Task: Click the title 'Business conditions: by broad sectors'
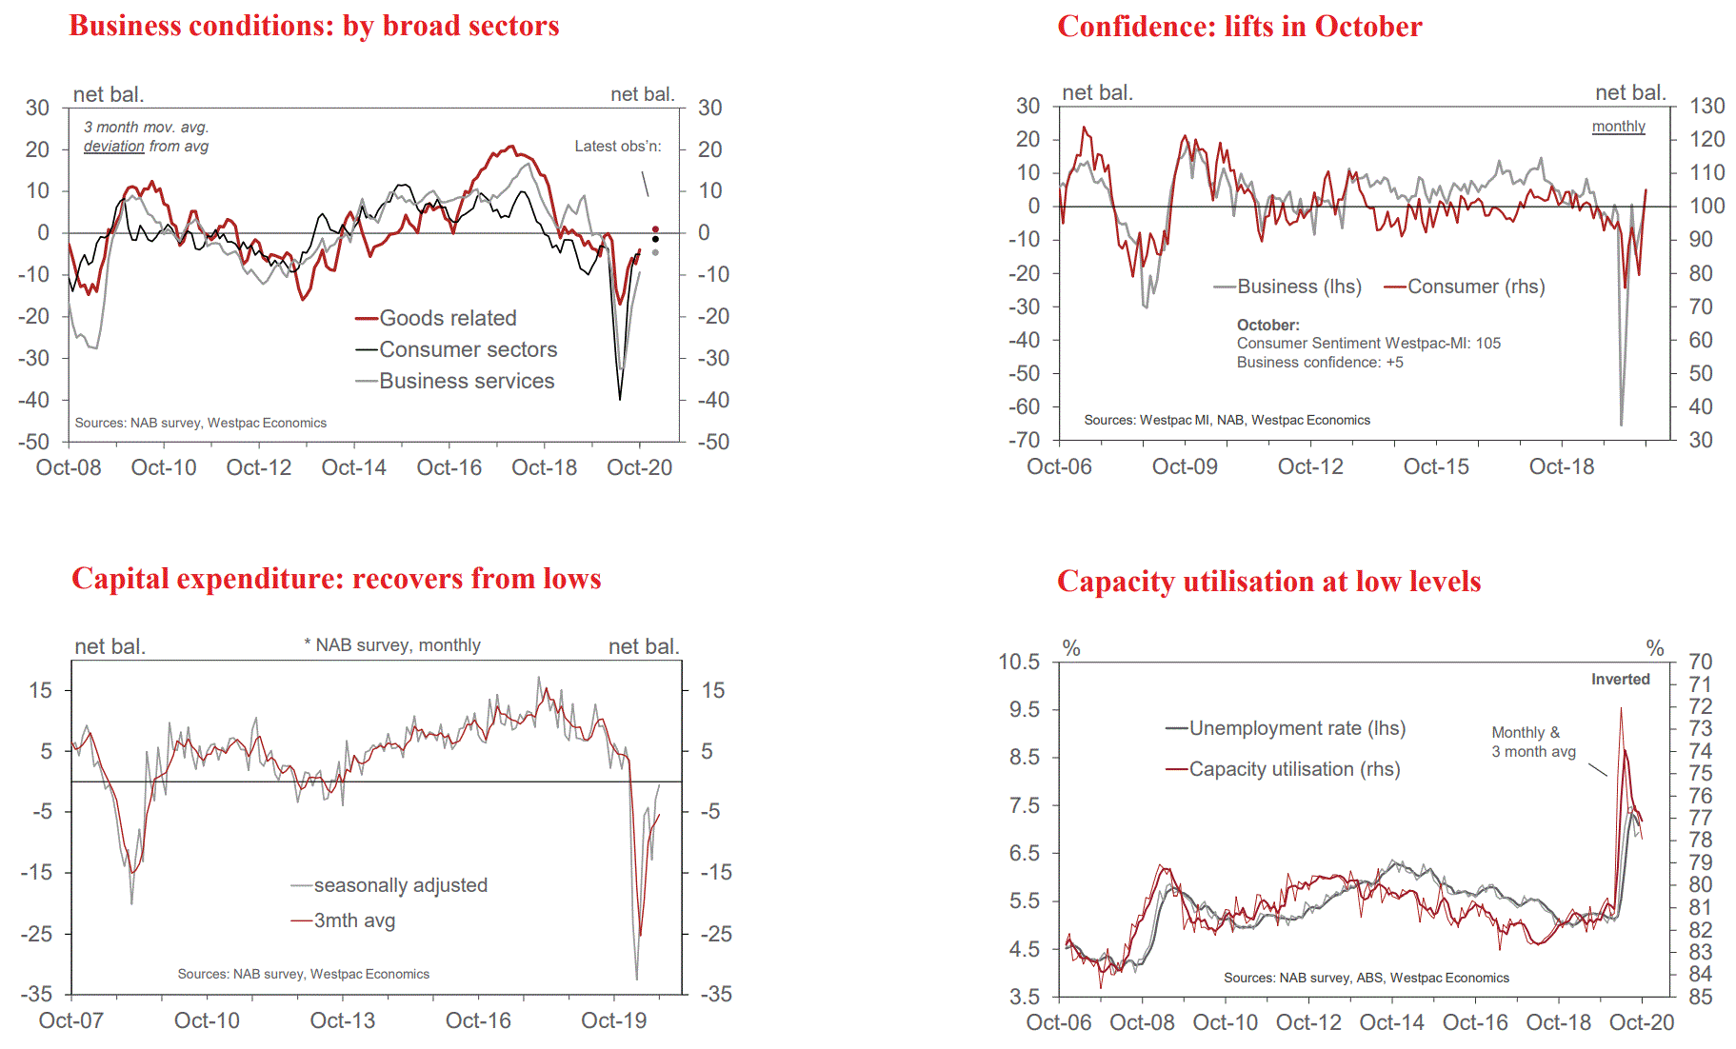pos(314,26)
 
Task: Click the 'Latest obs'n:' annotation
pos(617,146)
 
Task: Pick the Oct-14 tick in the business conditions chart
pos(354,467)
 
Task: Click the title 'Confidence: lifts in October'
pos(1239,27)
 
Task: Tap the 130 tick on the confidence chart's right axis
pos(1707,106)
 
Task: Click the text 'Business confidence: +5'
pos(1320,363)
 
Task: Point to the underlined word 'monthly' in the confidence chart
pos(1618,127)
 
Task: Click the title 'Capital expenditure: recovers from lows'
pos(336,579)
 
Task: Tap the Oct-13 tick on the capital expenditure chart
pos(343,1020)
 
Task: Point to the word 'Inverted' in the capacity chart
pos(1620,679)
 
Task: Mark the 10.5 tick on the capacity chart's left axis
pos(1019,662)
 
